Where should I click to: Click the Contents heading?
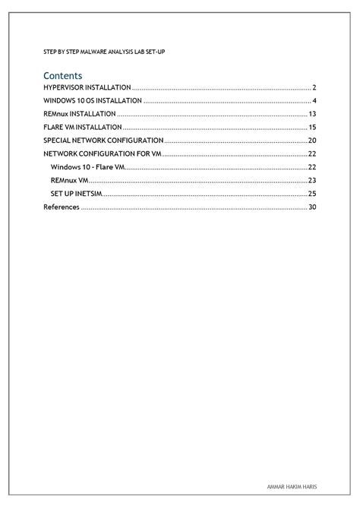(62, 76)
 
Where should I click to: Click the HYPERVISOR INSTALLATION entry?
(87, 88)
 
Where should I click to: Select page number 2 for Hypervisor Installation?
(314, 88)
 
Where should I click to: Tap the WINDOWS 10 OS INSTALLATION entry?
(92, 101)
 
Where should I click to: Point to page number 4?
(314, 101)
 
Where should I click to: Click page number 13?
(312, 114)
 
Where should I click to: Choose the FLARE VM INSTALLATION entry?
(82, 127)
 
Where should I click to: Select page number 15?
(312, 127)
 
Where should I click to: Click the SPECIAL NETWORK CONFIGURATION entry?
(103, 141)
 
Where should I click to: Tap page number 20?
(311, 141)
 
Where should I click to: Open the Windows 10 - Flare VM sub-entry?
(87, 166)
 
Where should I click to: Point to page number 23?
(311, 180)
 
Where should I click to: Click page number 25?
(311, 194)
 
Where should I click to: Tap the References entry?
(61, 207)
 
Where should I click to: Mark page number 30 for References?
(311, 207)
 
